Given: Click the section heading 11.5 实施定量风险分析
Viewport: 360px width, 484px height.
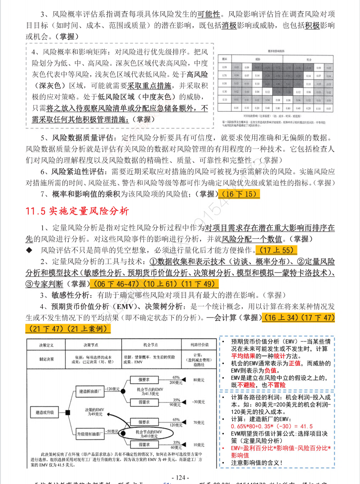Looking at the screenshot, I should [x=77, y=211].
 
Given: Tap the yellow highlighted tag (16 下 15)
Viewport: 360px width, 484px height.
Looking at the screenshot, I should [x=238, y=194].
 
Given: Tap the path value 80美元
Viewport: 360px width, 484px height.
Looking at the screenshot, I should [x=196, y=380].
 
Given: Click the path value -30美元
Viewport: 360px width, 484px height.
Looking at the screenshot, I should [x=196, y=401].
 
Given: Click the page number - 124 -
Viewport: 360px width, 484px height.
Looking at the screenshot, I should [x=180, y=477].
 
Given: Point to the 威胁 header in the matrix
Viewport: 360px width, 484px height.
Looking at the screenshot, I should [x=258, y=59].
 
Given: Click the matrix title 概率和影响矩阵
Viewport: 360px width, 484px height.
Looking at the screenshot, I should [x=280, y=51].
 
